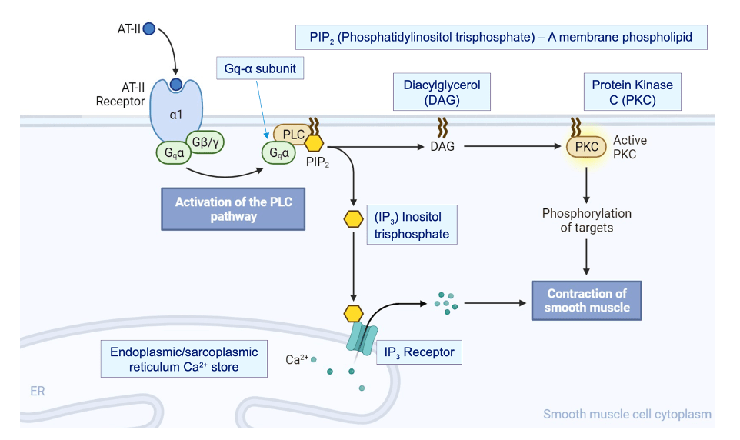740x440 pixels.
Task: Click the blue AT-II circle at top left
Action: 149,28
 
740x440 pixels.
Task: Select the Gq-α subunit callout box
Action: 260,69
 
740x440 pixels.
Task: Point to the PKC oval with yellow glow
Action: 587,146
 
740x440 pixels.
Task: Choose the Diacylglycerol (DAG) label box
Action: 442,92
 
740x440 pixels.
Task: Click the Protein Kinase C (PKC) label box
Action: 632,92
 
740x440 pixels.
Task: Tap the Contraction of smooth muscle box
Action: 587,300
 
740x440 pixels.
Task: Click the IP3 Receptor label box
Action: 419,353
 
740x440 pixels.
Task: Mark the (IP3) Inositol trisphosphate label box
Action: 411,225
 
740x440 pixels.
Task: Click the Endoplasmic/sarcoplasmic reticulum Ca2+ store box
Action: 184,359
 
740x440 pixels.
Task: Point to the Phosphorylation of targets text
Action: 587,220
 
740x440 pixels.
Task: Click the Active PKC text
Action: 630,147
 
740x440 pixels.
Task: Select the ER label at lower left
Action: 37,392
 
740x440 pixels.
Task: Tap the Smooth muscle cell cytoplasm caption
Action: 627,415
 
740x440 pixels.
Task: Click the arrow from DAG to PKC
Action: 511,145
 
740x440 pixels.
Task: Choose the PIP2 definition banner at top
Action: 501,37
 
